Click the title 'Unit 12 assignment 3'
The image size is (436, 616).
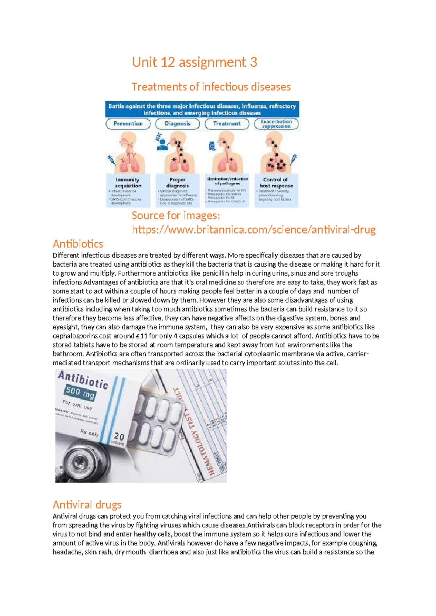194,62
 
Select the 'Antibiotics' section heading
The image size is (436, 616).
78,244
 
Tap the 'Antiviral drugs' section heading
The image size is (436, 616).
87,504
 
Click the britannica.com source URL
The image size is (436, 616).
254,230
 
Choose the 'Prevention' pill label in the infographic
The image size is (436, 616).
128,123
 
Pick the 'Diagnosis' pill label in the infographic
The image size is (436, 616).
177,123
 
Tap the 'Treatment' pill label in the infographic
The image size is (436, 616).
227,123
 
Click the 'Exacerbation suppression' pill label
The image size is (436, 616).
276,123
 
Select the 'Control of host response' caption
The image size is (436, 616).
276,183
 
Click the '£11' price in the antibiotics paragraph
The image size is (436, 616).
141,336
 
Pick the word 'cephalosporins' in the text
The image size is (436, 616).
77,336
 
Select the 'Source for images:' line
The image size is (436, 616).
175,215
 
